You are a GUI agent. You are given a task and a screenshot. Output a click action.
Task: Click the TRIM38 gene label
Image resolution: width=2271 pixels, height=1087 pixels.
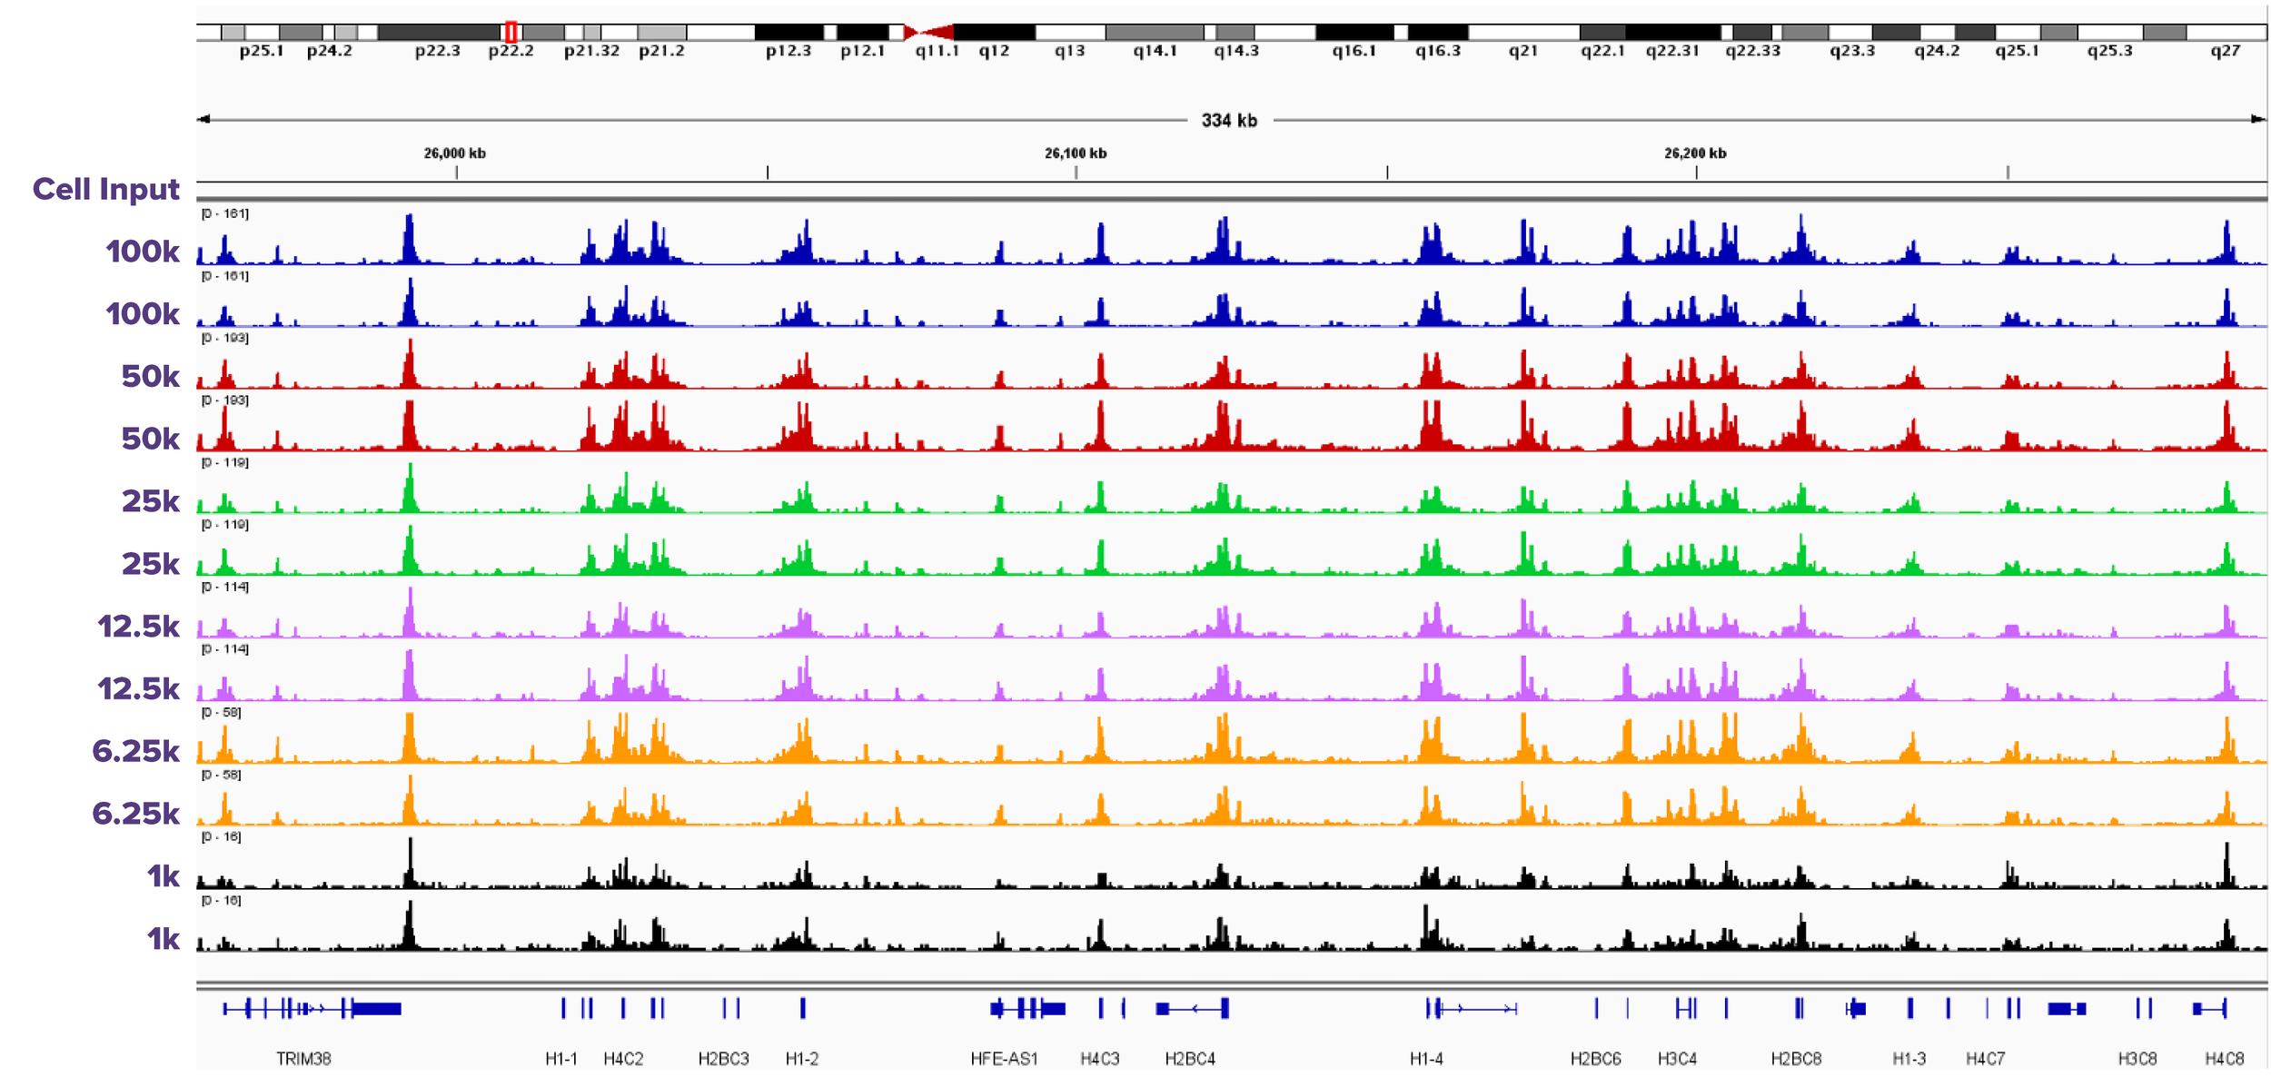tap(303, 1059)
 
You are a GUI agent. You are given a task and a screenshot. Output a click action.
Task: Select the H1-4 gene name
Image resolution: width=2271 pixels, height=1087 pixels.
tap(1426, 1059)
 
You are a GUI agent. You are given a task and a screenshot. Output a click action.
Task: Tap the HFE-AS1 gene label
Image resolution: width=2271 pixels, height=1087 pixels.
tap(1004, 1059)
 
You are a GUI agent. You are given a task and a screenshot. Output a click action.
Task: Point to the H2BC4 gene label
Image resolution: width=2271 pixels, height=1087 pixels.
tap(1190, 1059)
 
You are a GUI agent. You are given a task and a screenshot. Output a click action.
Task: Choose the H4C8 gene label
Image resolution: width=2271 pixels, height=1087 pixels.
tap(2225, 1059)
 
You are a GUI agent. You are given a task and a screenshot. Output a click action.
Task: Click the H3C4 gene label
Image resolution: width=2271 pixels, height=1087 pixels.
tap(1677, 1059)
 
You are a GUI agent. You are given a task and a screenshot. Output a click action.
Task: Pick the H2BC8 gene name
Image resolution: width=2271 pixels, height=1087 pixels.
tap(1796, 1059)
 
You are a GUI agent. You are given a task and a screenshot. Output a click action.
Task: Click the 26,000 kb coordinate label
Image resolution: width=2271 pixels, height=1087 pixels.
tap(454, 153)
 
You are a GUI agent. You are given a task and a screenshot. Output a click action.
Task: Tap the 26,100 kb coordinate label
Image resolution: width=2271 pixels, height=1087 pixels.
tap(1076, 153)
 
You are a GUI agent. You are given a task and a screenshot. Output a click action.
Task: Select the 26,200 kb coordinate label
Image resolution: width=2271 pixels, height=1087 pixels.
tap(1695, 153)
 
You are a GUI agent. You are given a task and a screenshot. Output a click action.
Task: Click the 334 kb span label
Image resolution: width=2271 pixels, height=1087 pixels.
tap(1229, 121)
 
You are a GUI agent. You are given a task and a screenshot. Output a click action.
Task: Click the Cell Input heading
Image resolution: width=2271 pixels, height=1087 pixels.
tap(105, 189)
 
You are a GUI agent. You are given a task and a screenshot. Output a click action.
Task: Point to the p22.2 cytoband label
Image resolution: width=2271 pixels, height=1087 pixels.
tap(511, 51)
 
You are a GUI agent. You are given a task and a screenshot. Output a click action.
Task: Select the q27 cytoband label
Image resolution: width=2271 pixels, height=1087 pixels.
tap(2225, 51)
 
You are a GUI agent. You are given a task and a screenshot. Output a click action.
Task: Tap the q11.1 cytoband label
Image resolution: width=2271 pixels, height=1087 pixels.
tap(937, 51)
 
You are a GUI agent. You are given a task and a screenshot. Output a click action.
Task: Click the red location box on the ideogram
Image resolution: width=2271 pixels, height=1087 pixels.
tap(511, 33)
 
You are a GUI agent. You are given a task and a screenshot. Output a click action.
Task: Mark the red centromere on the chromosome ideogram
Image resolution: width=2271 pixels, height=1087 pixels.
tap(927, 33)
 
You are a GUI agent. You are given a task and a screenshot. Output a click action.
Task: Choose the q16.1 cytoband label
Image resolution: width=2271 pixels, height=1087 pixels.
tap(1354, 51)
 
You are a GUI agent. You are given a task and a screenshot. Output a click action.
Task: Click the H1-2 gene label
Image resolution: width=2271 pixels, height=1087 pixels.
tap(802, 1059)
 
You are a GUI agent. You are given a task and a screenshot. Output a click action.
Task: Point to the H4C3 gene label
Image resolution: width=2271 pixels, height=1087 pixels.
tap(1100, 1059)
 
